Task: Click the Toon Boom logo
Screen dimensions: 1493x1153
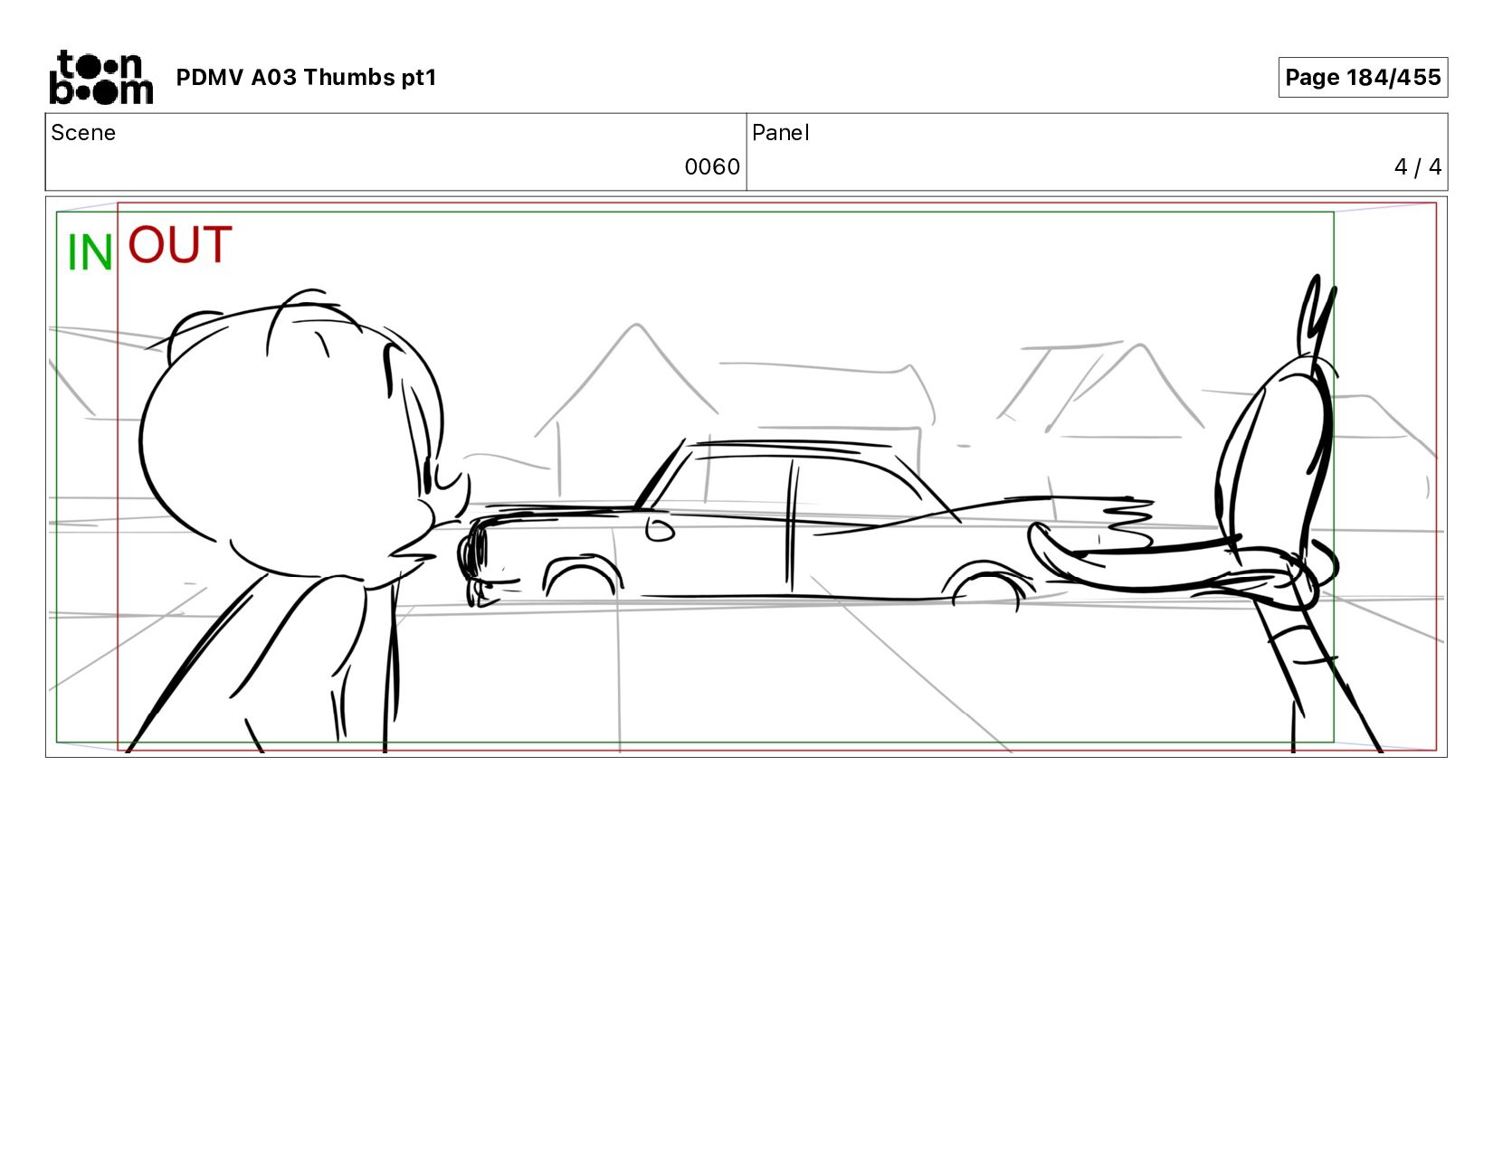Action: (x=101, y=78)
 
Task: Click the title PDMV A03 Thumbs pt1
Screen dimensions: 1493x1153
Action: (x=307, y=78)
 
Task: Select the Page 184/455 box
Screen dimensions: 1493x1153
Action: (x=1363, y=78)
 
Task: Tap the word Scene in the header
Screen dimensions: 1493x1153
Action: (x=83, y=133)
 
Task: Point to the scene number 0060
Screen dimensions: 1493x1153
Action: (x=712, y=167)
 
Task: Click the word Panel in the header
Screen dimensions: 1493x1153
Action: (x=781, y=133)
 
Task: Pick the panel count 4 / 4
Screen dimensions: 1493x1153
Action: (x=1417, y=167)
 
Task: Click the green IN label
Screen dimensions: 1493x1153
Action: (x=90, y=252)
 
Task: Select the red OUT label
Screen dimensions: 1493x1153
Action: (x=180, y=244)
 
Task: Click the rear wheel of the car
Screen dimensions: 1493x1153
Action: (x=986, y=583)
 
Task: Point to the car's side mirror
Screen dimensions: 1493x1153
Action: (x=660, y=529)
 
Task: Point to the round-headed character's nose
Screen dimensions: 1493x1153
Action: (x=455, y=493)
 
